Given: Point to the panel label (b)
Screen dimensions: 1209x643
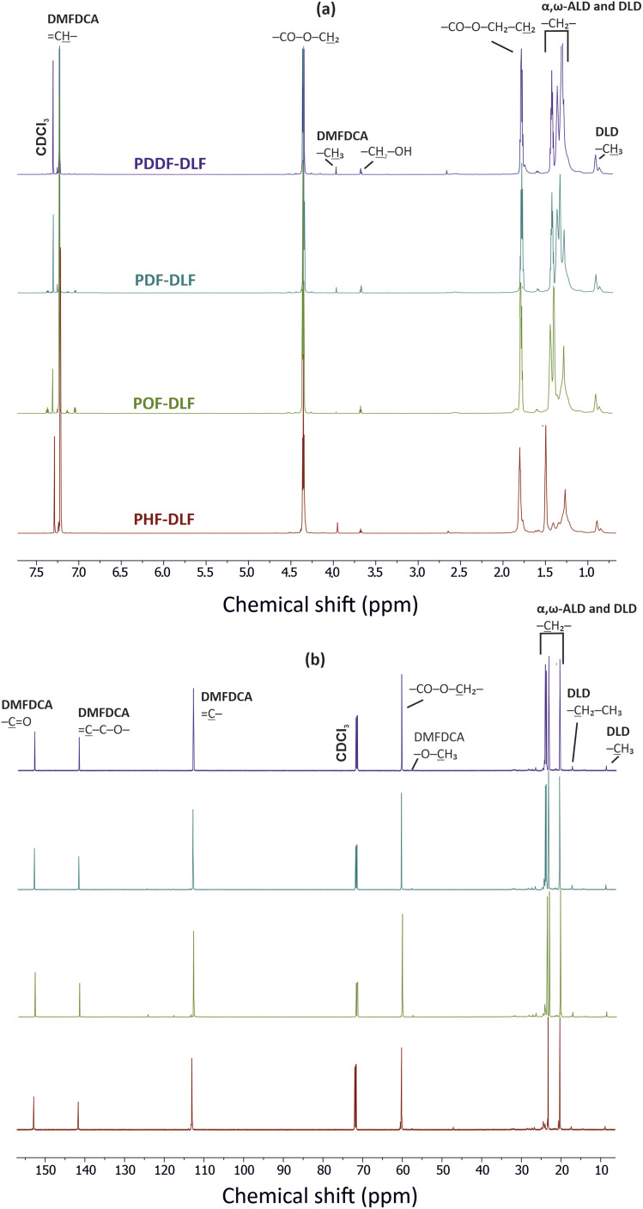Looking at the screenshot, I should pos(321,638).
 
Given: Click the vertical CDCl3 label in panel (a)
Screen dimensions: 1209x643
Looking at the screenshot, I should pos(41,131).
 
